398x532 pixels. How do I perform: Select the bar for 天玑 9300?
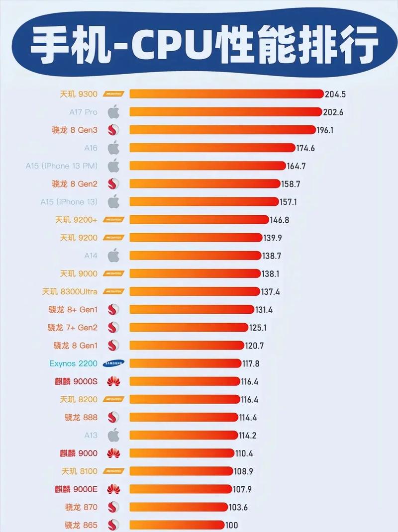(x=226, y=94)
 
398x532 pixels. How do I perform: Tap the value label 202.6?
(x=334, y=112)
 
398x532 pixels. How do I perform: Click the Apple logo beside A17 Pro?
(x=114, y=112)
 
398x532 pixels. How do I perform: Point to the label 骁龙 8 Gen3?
(x=75, y=130)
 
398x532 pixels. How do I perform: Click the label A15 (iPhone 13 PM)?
(x=62, y=166)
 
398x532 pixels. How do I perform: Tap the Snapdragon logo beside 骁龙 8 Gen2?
(x=114, y=184)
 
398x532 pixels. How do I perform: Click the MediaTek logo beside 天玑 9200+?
(x=114, y=219)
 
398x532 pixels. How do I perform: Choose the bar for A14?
(x=195, y=256)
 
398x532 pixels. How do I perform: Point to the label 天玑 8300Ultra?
(x=70, y=291)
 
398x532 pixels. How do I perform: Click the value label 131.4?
(x=265, y=309)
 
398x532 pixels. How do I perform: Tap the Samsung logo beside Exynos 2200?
(x=114, y=363)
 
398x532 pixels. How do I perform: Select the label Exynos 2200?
(x=74, y=363)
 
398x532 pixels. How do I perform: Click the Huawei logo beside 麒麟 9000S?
(x=114, y=381)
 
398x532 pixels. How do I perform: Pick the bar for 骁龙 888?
(x=183, y=417)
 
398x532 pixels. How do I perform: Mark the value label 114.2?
(x=247, y=436)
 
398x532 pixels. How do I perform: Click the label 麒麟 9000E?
(x=76, y=489)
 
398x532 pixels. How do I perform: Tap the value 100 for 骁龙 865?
(x=232, y=525)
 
